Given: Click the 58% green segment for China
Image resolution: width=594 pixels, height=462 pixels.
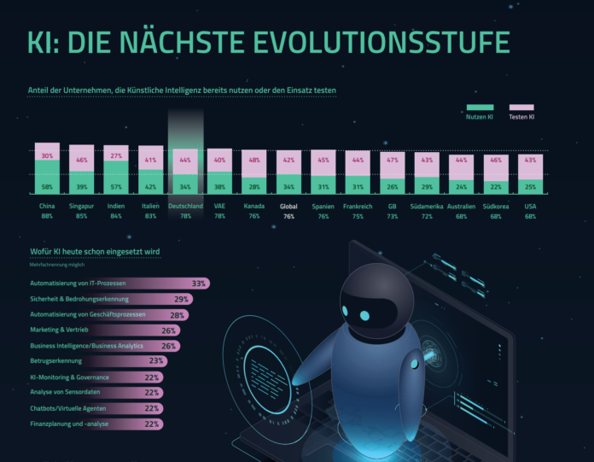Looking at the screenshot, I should [47, 185].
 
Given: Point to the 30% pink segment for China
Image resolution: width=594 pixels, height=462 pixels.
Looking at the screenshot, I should [47, 155].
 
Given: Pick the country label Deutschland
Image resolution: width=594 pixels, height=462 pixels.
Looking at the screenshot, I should [186, 206].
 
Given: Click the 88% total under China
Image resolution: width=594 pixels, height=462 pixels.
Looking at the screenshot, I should [47, 216].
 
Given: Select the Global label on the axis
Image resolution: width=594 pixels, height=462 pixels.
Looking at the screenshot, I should [288, 206].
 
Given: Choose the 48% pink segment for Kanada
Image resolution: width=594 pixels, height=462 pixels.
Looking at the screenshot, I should [254, 161].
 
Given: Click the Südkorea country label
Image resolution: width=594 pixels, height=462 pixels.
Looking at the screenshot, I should [495, 206].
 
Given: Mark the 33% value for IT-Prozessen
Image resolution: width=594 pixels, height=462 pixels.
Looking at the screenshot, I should [200, 283].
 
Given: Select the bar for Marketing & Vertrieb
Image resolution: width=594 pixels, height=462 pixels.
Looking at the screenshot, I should [103, 330].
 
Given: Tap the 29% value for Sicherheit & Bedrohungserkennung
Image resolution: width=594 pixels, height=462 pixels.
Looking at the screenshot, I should [181, 299].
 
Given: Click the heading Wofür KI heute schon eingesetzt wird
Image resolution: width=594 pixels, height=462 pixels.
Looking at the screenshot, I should [93, 252].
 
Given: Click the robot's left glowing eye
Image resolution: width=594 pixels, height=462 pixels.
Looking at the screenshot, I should [364, 316].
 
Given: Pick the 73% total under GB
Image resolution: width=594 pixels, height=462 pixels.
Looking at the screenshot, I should [392, 216].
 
